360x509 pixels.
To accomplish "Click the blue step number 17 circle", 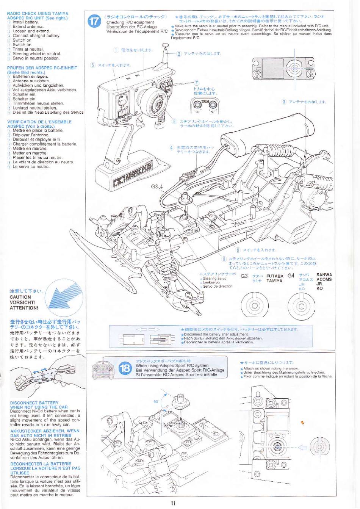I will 95,22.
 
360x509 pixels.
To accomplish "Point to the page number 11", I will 173,503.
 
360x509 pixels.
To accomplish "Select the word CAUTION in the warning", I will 20,297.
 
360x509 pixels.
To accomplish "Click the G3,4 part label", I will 156,186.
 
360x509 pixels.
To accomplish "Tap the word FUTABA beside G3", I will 275,276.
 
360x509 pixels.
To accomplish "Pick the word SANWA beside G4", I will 324,275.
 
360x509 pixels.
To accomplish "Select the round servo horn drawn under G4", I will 301,305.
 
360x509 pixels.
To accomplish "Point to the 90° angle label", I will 156,401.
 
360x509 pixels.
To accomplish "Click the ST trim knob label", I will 213,112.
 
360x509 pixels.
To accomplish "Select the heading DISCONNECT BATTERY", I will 34,403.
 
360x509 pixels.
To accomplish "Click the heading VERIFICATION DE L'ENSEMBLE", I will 39,122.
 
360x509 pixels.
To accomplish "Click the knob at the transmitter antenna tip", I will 165,47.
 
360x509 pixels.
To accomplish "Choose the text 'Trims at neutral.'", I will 28,49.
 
